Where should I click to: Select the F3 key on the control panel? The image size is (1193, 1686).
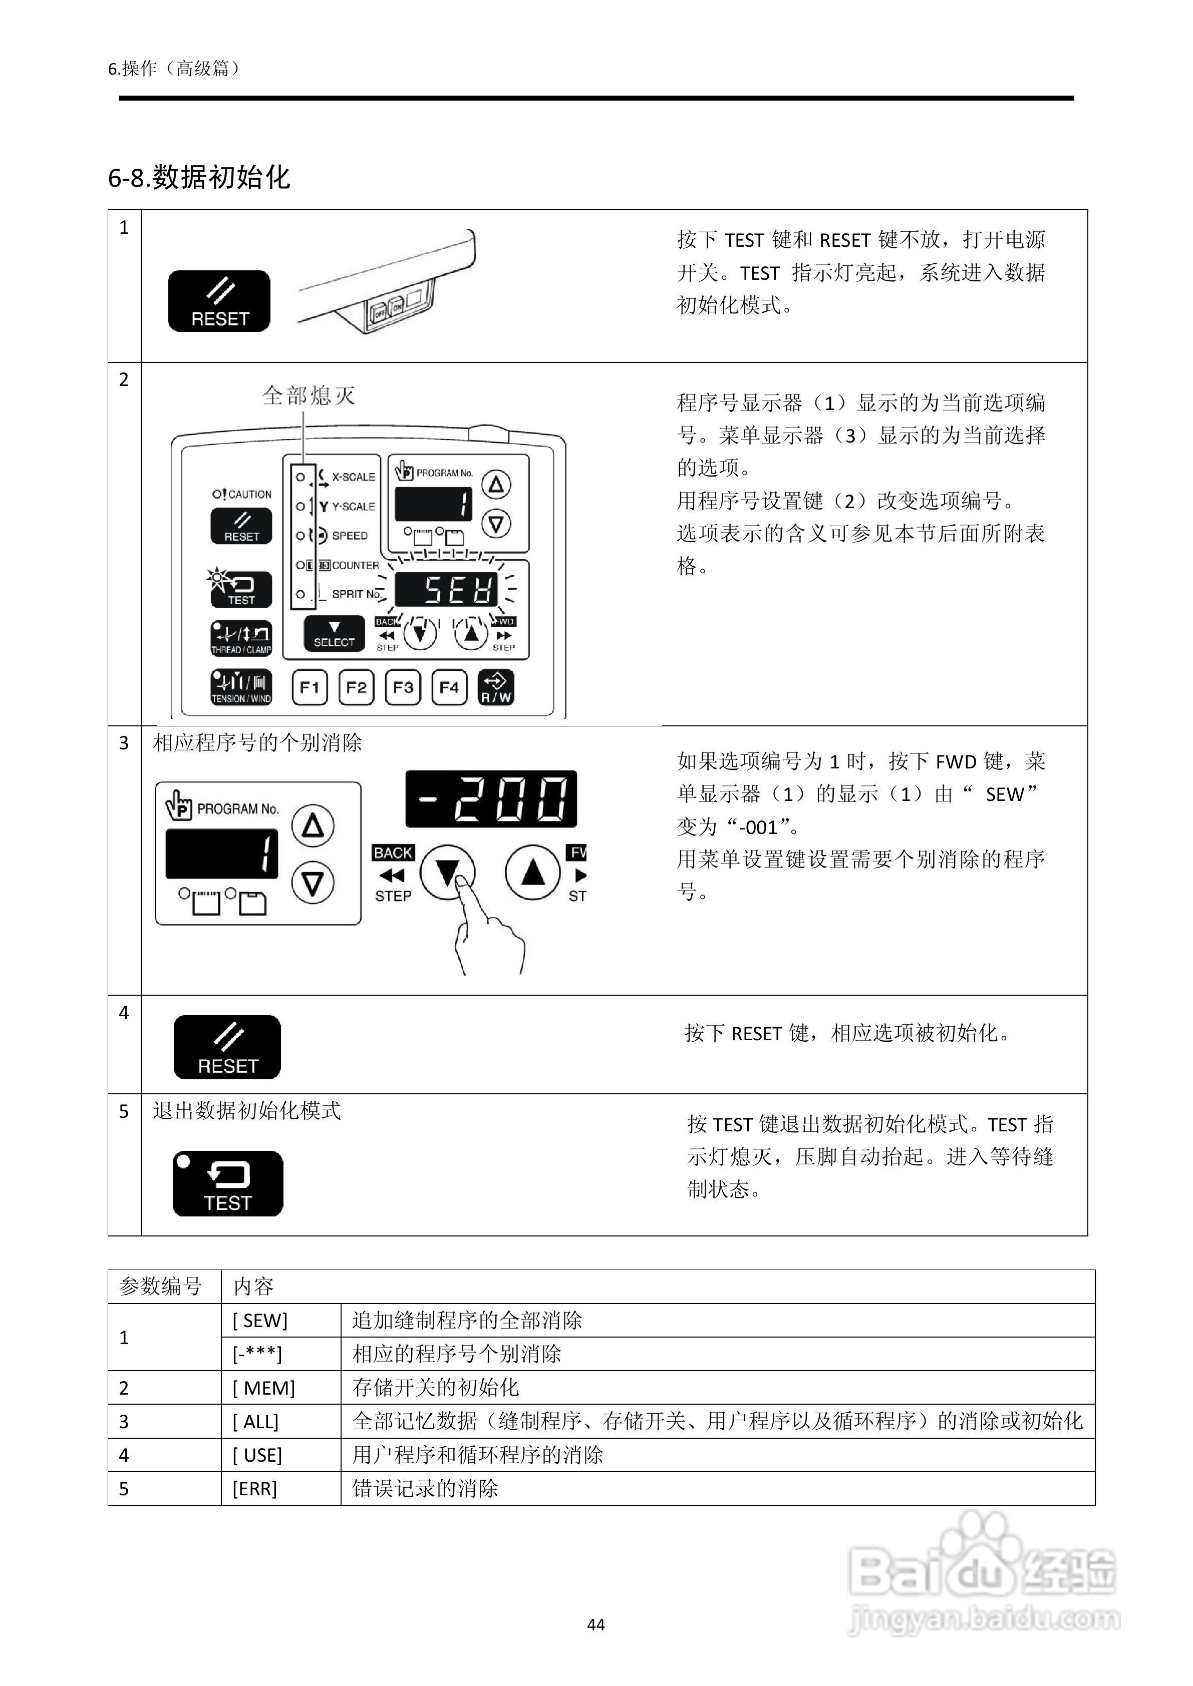click(x=403, y=687)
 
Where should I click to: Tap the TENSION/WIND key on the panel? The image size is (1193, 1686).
click(x=241, y=687)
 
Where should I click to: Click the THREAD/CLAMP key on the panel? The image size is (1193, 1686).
click(x=241, y=638)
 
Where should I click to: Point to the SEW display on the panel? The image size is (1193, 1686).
click(x=447, y=590)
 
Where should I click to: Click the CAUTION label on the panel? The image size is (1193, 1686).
click(x=243, y=494)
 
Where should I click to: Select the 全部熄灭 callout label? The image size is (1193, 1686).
click(x=309, y=396)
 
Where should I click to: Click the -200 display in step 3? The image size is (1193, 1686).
click(x=491, y=799)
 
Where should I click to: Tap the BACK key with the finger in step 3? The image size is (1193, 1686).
click(x=447, y=873)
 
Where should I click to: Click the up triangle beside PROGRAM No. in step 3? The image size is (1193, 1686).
click(x=313, y=826)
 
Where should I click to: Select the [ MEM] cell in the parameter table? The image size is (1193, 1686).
click(x=264, y=1388)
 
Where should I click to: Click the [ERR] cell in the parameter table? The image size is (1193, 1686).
click(x=255, y=1488)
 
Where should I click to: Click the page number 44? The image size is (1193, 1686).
click(x=596, y=1625)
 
